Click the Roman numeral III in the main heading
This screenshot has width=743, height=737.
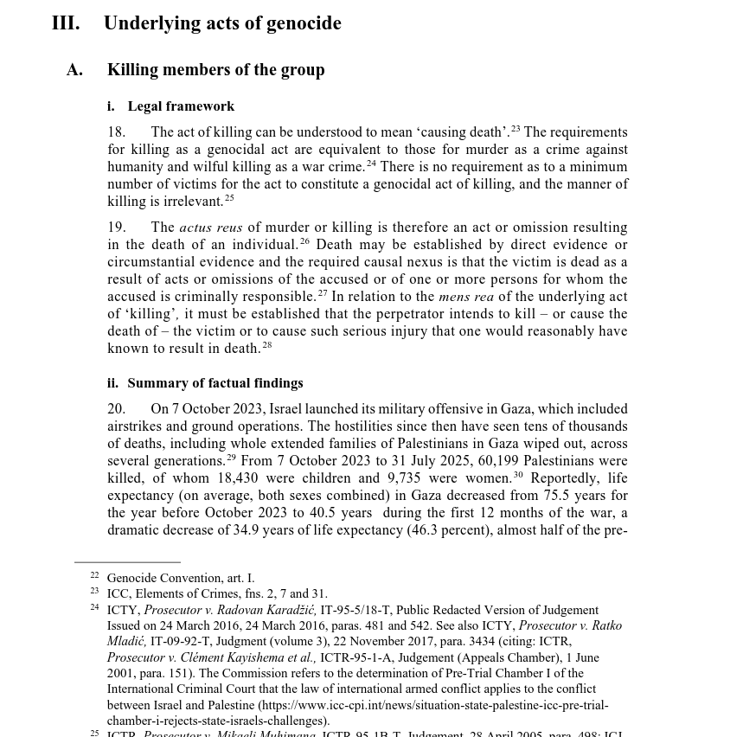(x=66, y=23)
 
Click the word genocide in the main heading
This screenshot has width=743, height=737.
(x=304, y=23)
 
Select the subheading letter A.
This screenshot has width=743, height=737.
(x=74, y=70)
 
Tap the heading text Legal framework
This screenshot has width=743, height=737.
(x=181, y=106)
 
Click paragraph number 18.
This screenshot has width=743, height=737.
(x=116, y=132)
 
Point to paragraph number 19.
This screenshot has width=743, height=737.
(x=116, y=228)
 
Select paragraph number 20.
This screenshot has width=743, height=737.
(x=116, y=409)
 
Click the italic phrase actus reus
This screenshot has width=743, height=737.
(x=210, y=228)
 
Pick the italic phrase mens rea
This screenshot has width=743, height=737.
(x=466, y=297)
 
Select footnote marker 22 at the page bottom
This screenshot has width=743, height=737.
(x=94, y=575)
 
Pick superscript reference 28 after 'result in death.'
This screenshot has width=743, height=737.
(x=267, y=345)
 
